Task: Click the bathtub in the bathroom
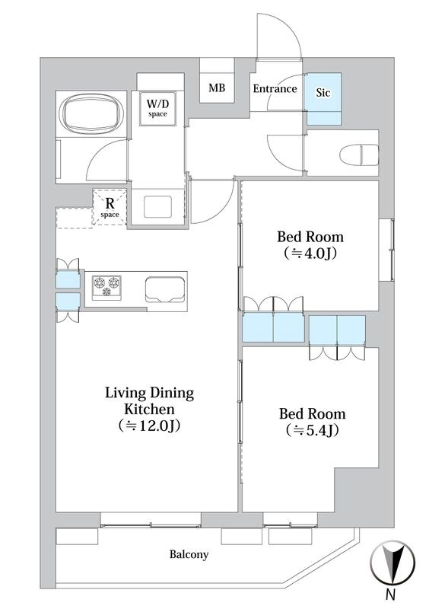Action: click(x=91, y=113)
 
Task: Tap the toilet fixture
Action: click(x=359, y=155)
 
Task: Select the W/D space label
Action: click(x=157, y=107)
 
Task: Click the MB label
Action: click(x=217, y=88)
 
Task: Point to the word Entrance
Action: click(x=275, y=88)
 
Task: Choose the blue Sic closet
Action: click(x=323, y=99)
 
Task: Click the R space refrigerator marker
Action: click(x=110, y=207)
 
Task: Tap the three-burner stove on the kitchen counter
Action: click(x=106, y=288)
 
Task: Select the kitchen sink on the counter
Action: click(x=165, y=289)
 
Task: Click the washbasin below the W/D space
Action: click(x=157, y=206)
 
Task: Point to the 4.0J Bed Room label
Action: click(x=310, y=244)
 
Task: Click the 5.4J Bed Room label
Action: click(x=312, y=422)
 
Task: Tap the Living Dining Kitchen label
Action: click(x=150, y=410)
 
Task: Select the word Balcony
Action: click(x=189, y=554)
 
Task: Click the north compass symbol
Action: click(x=392, y=563)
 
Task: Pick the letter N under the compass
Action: click(x=391, y=595)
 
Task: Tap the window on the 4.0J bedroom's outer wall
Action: click(x=386, y=250)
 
